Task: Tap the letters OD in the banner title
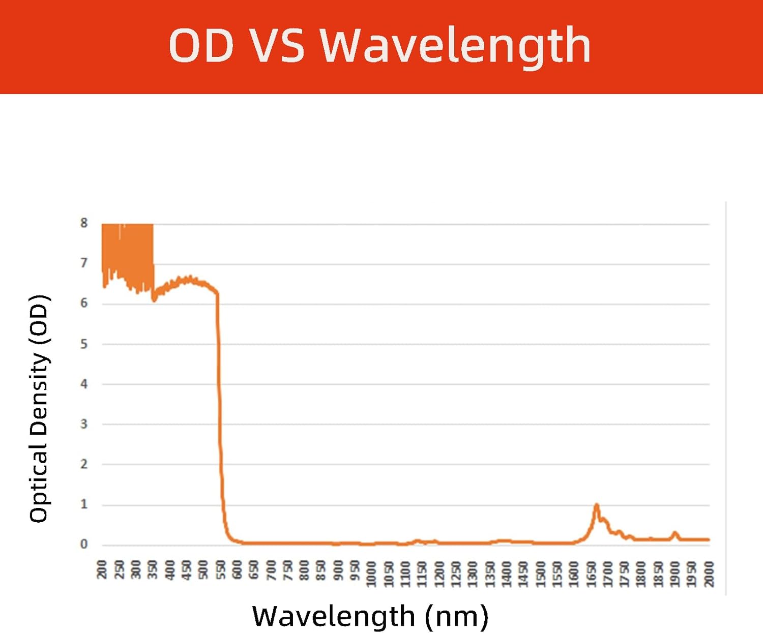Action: pos(201,46)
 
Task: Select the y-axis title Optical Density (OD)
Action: pos(39,408)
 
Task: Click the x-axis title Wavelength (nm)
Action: pos(370,616)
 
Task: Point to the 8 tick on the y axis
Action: pos(84,223)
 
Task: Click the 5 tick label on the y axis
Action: pos(84,344)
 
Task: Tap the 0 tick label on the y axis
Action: pos(84,544)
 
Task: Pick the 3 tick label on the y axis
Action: pos(84,424)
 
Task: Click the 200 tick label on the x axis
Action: pos(102,569)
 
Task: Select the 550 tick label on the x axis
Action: pos(220,569)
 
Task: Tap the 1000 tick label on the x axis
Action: pos(372,574)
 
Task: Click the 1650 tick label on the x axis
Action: pos(591,574)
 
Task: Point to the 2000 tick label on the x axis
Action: pos(709,574)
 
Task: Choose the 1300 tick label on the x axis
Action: pos(473,574)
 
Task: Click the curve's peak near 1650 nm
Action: pos(597,505)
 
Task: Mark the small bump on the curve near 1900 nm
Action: pos(675,533)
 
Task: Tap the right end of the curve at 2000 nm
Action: pos(708,539)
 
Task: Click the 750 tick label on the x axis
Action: pos(287,569)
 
